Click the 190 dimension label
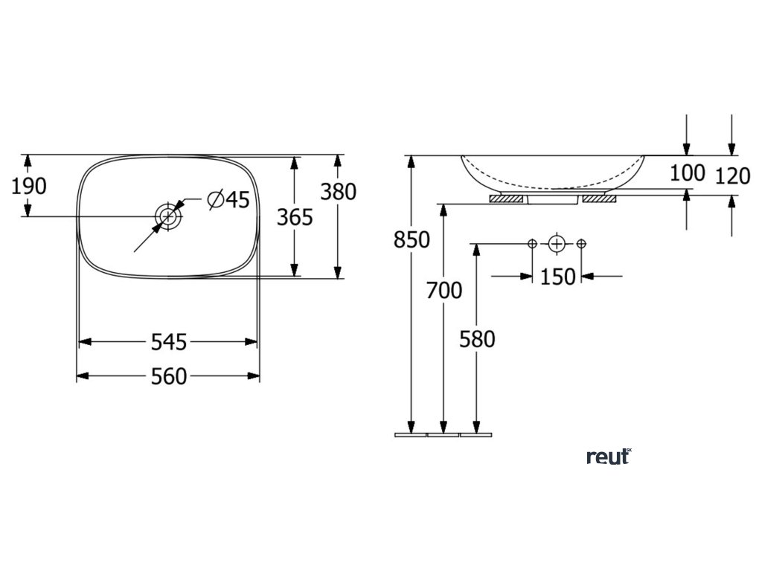click(x=29, y=186)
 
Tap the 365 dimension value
click(x=295, y=217)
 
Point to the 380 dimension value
click(x=338, y=192)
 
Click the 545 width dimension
click(x=168, y=342)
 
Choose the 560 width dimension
click(x=168, y=377)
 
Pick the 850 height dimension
click(x=412, y=240)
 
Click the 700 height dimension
click(x=444, y=291)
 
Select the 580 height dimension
click(x=477, y=339)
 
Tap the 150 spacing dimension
click(x=558, y=277)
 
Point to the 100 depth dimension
click(x=687, y=173)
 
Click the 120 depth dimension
click(x=732, y=176)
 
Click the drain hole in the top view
click(x=168, y=216)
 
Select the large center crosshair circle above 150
click(x=557, y=244)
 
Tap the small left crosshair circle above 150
click(x=533, y=244)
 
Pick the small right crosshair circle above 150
click(x=582, y=244)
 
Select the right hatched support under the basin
click(x=600, y=199)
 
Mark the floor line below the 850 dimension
click(x=411, y=433)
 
